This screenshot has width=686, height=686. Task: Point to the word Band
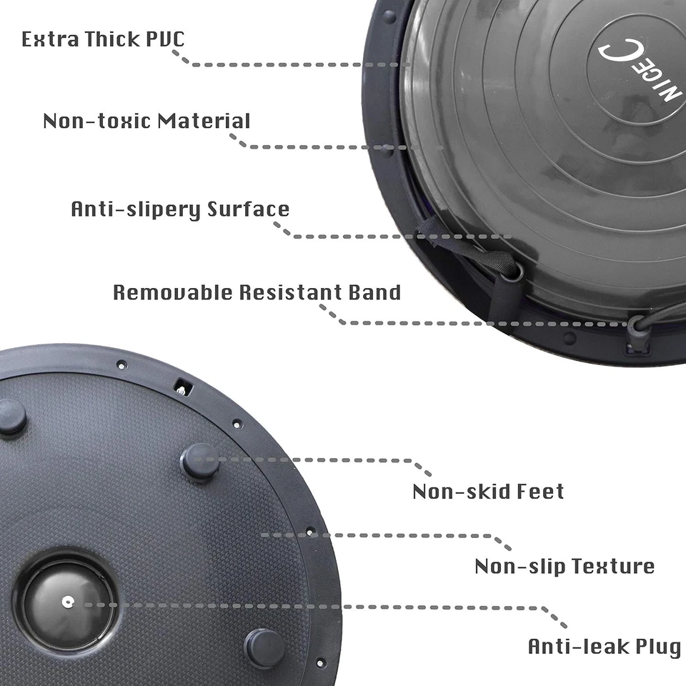[x=374, y=292]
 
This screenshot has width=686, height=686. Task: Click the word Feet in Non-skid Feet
[x=540, y=492]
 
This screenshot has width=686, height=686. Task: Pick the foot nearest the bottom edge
[x=265, y=647]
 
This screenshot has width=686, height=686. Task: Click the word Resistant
[x=282, y=292]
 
